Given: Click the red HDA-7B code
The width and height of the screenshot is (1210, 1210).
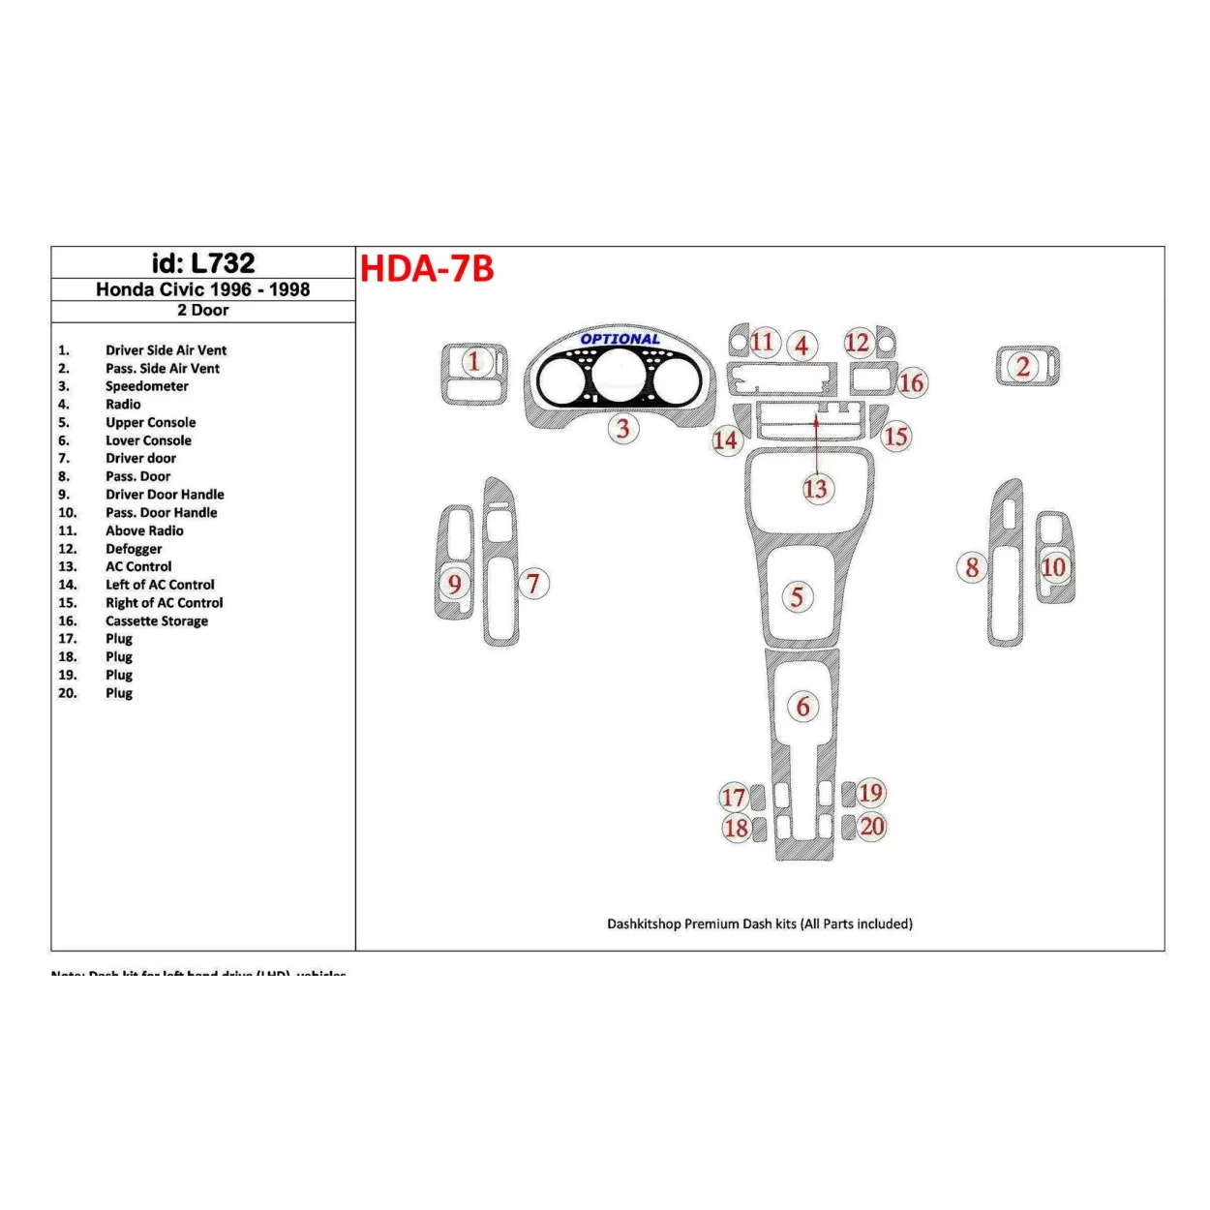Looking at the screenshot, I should point(427,268).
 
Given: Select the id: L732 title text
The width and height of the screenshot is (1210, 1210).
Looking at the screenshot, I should point(203,263).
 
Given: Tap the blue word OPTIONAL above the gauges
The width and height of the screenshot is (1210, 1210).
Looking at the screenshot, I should point(620,339).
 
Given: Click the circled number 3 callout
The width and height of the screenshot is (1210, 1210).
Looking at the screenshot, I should point(623,429).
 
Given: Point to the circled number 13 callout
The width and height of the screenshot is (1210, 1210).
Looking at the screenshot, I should point(815,489).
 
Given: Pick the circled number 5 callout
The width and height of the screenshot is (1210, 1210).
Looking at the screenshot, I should point(797,596).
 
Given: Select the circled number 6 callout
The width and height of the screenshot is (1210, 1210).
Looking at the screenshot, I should point(802,708).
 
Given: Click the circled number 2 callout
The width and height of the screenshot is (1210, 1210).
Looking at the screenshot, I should point(1023,367).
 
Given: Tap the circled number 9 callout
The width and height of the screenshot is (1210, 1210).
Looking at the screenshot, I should point(454,584).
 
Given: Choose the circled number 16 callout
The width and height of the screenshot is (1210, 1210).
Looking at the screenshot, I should point(911,383).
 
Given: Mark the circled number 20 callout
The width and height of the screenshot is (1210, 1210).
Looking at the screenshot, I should point(872,827).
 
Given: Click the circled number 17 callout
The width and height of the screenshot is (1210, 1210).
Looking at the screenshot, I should point(733,798).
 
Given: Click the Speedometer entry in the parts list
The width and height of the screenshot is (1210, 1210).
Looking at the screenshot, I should point(147,386).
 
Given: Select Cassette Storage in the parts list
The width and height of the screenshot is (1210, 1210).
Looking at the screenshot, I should point(157,621).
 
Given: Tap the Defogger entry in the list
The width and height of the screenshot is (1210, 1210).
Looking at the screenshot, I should point(134,549).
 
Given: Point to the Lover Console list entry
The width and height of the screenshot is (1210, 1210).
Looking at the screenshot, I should point(148,440).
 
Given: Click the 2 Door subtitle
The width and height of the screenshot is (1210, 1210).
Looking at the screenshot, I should point(203,311).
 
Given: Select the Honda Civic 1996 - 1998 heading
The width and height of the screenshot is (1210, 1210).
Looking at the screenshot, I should point(203,289).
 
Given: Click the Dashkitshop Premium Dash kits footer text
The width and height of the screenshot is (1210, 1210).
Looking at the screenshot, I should point(759,924).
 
